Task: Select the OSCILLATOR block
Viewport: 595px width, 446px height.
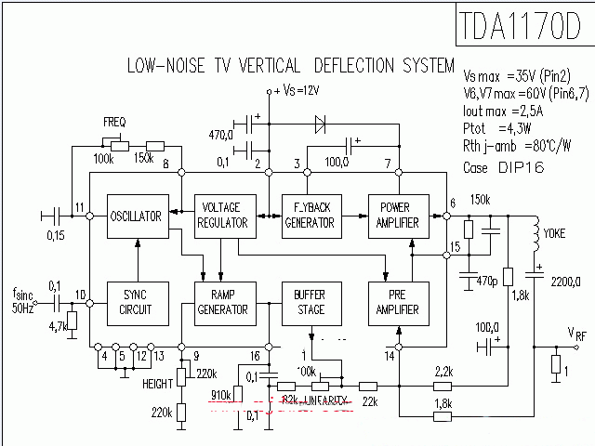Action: pyautogui.click(x=137, y=216)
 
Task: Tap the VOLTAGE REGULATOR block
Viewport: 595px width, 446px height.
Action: pyautogui.click(x=222, y=216)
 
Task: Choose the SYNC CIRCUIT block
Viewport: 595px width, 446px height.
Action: pyautogui.click(x=137, y=301)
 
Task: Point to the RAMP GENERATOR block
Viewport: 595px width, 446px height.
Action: pyautogui.click(x=222, y=301)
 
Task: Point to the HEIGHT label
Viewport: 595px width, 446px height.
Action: pyautogui.click(x=158, y=384)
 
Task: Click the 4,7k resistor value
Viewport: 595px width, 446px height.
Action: pyautogui.click(x=56, y=327)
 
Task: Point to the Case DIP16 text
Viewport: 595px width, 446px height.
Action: pyautogui.click(x=508, y=167)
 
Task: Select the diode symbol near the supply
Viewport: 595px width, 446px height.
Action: pyautogui.click(x=321, y=122)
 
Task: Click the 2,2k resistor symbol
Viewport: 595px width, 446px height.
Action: pyautogui.click(x=443, y=385)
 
